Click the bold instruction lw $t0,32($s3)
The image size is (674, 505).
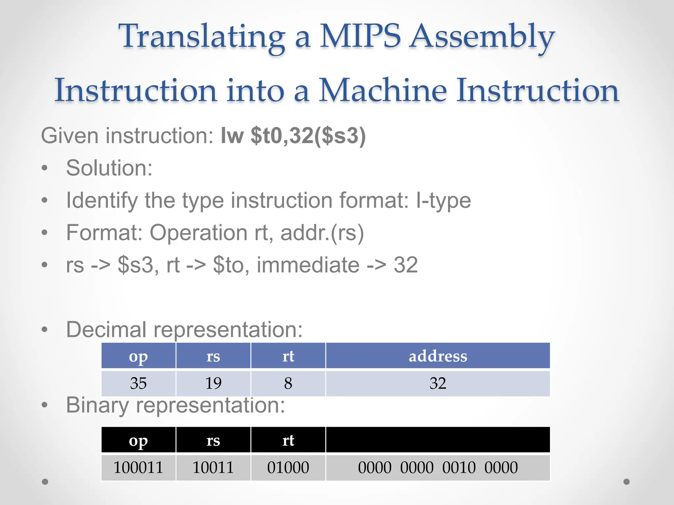(293, 135)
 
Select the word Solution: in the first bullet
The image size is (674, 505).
(109, 168)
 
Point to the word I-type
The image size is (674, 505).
(443, 200)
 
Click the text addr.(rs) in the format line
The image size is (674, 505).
(322, 233)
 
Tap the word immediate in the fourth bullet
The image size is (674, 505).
(308, 265)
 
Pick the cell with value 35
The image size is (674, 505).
(138, 383)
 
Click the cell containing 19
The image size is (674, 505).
(213, 383)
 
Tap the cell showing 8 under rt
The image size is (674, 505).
(288, 383)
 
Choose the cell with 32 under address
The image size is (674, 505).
(438, 383)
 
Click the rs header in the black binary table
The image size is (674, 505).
(213, 441)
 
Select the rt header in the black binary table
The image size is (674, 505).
(288, 441)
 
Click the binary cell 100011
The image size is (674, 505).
(138, 468)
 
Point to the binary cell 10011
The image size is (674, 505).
(213, 468)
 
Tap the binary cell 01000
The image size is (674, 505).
(288, 468)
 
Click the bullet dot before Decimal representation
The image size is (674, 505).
(45, 329)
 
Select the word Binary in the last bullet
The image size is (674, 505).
(97, 405)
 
